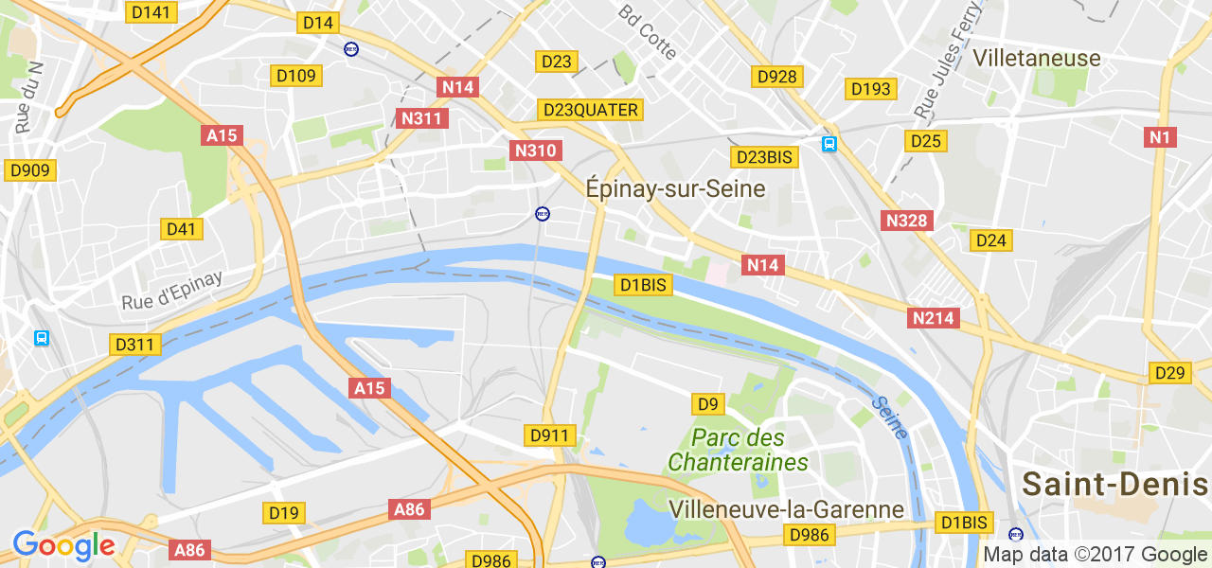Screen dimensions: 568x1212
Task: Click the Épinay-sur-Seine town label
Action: (x=675, y=188)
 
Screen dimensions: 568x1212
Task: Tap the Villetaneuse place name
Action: (x=1037, y=58)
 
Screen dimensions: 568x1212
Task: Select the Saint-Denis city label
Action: (x=1115, y=485)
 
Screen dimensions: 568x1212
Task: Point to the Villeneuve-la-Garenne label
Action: (x=786, y=509)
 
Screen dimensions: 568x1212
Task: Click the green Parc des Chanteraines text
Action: (x=738, y=451)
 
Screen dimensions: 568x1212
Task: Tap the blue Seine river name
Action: (x=891, y=417)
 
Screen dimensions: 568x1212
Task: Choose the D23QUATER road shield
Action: (x=591, y=110)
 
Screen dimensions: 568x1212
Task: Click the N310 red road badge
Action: (x=536, y=150)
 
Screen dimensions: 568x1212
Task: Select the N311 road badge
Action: (x=421, y=118)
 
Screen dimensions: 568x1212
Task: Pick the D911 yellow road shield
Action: (x=549, y=435)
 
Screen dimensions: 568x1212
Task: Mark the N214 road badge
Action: (x=934, y=318)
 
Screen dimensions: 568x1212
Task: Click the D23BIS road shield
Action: (x=764, y=156)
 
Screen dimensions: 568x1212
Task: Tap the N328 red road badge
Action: (x=907, y=221)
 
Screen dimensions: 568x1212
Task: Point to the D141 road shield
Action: (x=151, y=12)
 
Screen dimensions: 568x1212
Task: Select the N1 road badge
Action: (x=1160, y=137)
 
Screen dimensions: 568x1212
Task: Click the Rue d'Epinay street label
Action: (x=171, y=291)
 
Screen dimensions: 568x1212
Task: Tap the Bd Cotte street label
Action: (x=648, y=31)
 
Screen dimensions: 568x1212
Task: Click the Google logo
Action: (x=63, y=545)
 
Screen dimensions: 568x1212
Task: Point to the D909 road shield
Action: (x=30, y=170)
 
